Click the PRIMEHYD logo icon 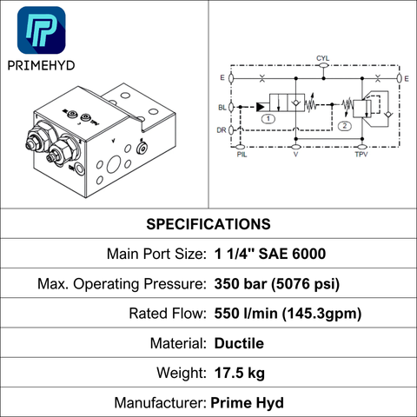click(x=42, y=30)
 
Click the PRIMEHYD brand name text click(x=41, y=66)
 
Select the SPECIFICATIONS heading click(x=208, y=224)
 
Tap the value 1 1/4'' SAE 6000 click(x=270, y=254)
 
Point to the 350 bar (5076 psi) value click(x=277, y=284)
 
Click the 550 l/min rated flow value click(x=288, y=314)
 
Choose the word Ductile click(x=239, y=343)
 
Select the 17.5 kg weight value click(x=240, y=373)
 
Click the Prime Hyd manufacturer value click(x=247, y=403)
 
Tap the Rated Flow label click(x=168, y=314)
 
